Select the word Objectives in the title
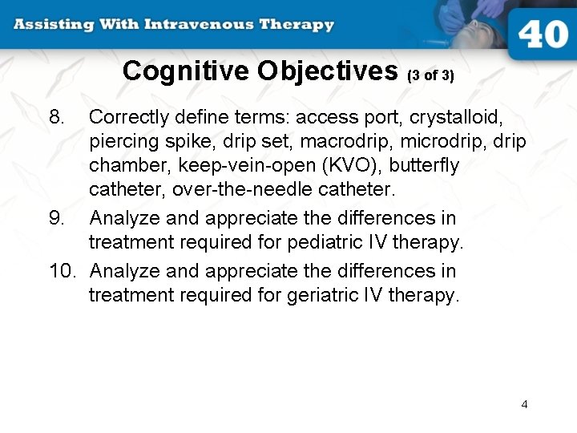click(x=329, y=71)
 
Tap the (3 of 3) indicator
click(x=430, y=76)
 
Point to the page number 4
click(x=524, y=404)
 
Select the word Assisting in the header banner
click(x=50, y=23)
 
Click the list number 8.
click(x=57, y=117)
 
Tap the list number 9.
click(x=57, y=218)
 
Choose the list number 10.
click(x=62, y=271)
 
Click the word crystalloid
click(x=456, y=117)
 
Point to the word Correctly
click(x=130, y=117)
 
